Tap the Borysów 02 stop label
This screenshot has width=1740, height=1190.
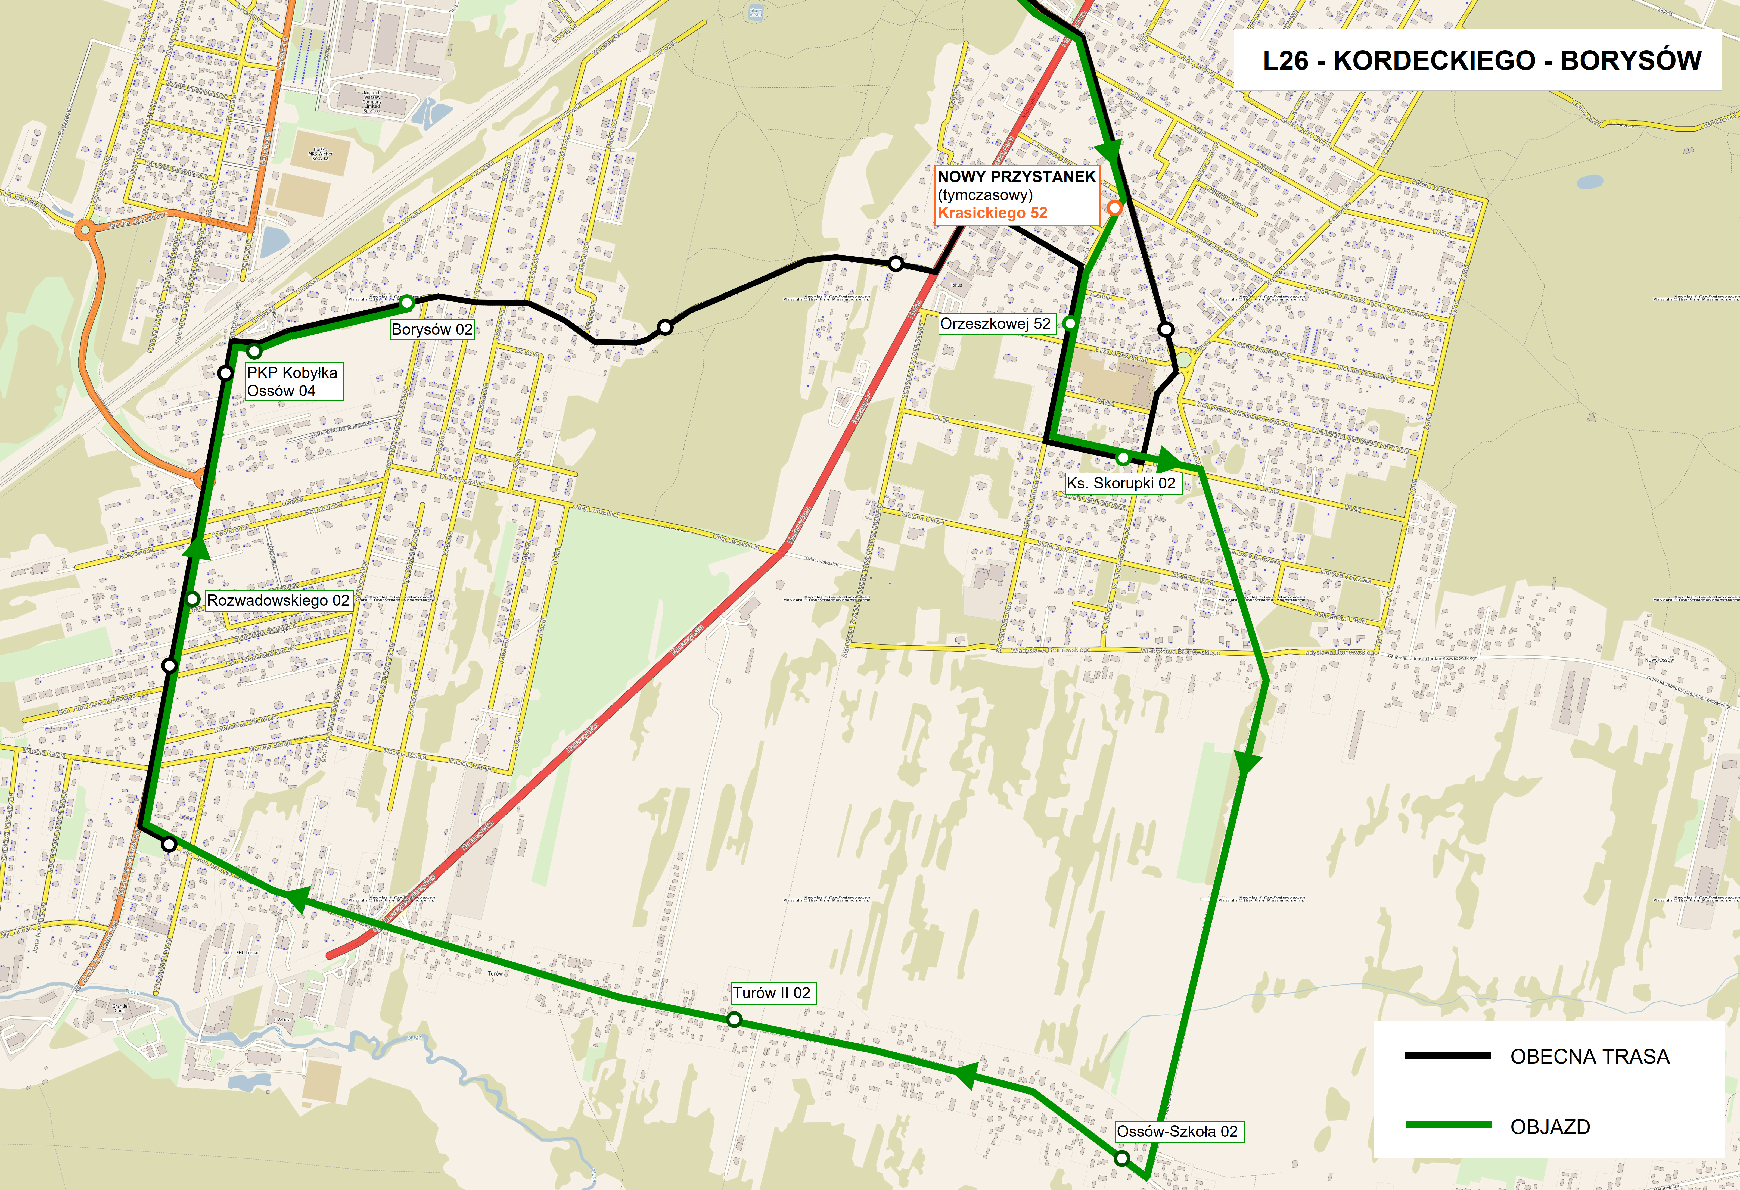(432, 329)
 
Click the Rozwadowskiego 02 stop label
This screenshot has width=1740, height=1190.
(278, 600)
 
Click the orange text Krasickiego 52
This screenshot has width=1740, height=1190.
(992, 213)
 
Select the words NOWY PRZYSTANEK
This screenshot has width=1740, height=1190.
(1016, 177)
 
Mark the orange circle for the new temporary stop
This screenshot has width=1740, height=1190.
(1114, 208)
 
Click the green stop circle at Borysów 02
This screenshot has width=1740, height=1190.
(406, 302)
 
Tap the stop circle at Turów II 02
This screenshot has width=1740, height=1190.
(735, 1019)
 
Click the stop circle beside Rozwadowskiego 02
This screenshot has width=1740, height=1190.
(192, 599)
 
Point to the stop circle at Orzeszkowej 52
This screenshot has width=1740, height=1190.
(1070, 323)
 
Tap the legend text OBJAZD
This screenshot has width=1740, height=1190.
(1550, 1126)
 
